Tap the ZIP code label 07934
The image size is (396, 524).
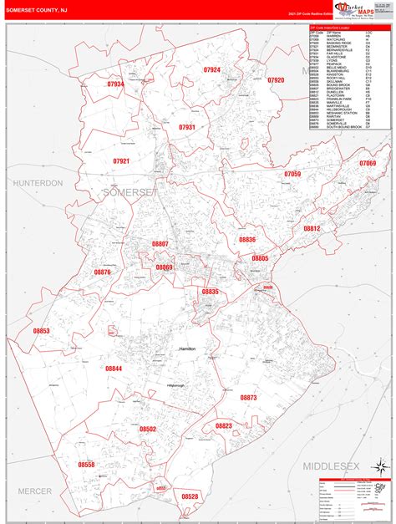tap(115, 84)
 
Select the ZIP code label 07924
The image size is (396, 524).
tap(212, 70)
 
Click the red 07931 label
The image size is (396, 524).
tap(186, 127)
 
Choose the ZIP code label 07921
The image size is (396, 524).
tap(122, 160)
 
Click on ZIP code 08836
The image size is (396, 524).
tap(247, 239)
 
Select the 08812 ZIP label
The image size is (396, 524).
tap(312, 227)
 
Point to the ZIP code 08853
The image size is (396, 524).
tap(42, 331)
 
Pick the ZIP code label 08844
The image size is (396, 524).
tap(114, 368)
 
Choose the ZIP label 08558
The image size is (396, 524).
tap(87, 464)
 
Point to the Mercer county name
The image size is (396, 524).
tap(34, 491)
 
